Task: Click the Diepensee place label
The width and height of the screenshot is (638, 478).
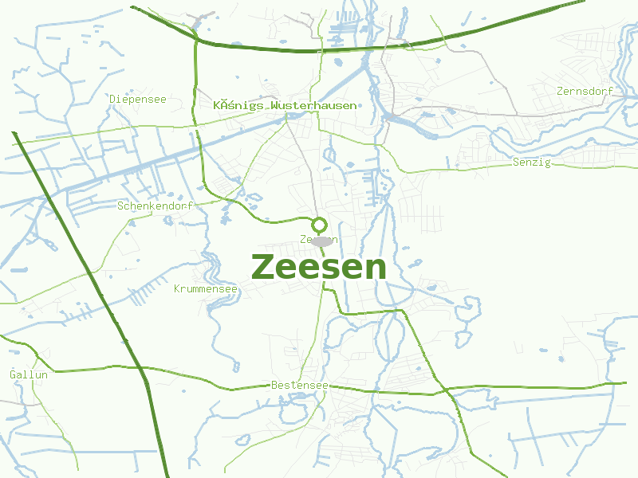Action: [138, 100]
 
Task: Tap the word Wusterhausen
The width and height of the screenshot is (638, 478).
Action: [313, 105]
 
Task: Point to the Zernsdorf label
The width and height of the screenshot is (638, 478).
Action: [585, 91]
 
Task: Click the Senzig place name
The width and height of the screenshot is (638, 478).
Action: [531, 163]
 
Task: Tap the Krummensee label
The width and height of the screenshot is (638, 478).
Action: [206, 288]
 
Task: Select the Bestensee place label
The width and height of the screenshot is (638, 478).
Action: [299, 386]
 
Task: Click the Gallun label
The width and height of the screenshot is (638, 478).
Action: [29, 374]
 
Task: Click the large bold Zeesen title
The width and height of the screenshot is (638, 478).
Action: [319, 268]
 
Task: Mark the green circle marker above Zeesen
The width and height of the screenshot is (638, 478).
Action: [319, 224]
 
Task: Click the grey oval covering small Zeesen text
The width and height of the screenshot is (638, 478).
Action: [321, 241]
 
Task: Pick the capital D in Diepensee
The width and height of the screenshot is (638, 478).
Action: [113, 100]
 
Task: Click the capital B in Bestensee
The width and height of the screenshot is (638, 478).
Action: [274, 386]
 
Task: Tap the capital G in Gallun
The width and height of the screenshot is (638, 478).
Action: [13, 374]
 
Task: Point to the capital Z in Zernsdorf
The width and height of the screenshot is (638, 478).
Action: [561, 91]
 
